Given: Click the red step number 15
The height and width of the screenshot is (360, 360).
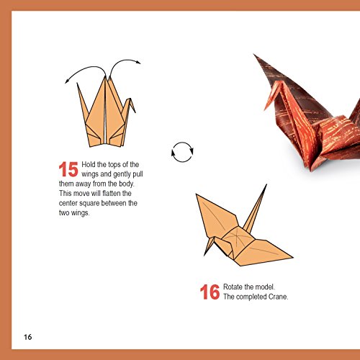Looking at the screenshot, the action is point(68,169).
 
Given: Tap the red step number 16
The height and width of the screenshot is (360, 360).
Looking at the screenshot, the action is point(210,292).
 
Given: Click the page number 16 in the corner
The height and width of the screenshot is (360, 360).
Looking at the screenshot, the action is point(27,337).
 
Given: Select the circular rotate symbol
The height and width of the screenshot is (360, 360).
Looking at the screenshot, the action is point(182,152).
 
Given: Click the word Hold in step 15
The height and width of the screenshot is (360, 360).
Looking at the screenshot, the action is point(89,164).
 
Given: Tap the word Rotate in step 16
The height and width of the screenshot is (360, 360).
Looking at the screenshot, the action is point(233,287).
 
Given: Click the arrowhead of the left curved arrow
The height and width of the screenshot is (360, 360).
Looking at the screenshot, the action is point(66,82).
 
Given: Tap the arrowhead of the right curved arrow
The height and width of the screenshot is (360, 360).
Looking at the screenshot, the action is point(138,62).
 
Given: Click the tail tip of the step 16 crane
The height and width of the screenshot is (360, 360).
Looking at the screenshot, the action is point(266,185).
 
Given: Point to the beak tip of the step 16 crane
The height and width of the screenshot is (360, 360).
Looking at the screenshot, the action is point(204,256).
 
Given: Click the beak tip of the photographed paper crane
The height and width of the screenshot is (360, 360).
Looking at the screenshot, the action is point(265,110).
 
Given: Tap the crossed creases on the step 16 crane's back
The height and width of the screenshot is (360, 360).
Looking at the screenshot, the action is point(235,236).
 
